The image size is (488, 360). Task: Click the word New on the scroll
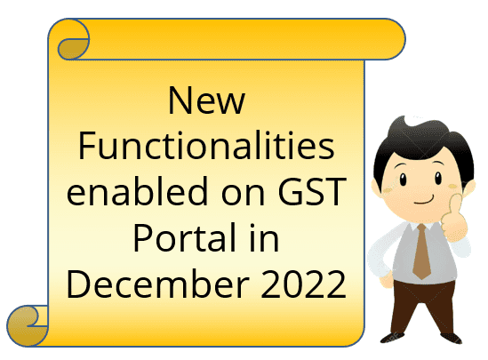[206, 100]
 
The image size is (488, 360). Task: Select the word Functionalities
[206, 146]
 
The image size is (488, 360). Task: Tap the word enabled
[137, 190]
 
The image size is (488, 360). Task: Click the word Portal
[184, 236]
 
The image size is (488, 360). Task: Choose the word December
[158, 284]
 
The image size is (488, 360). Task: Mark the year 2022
[303, 284]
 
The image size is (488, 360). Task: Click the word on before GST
[243, 195]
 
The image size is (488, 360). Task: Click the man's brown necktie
[421, 252]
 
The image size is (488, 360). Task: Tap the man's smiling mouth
[424, 201]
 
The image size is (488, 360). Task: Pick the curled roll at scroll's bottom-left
[28, 326]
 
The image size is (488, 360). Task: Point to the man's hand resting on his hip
[386, 279]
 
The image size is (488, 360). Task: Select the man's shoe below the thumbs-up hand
[452, 338]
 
